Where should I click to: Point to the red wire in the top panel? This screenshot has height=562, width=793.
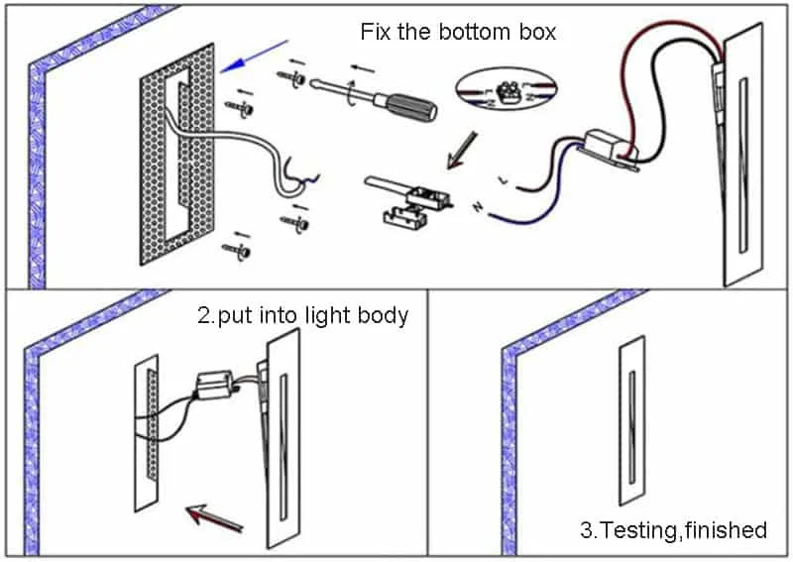tap(634, 69)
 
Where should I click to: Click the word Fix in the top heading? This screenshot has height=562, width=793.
tap(375, 32)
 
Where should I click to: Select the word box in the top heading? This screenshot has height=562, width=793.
tap(535, 32)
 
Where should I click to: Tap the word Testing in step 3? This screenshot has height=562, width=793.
tap(643, 530)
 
